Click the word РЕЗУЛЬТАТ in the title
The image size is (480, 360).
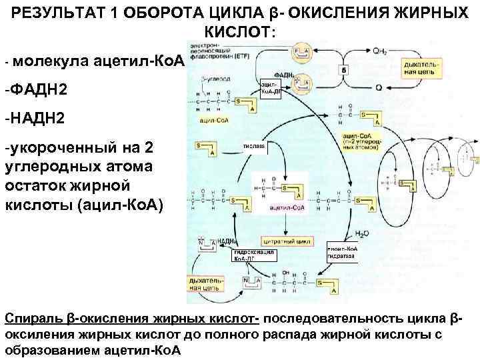[x=50, y=12]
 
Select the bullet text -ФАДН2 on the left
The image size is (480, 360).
[x=32, y=89]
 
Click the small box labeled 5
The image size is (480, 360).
[x=344, y=70]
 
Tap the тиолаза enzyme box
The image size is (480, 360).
[x=253, y=147]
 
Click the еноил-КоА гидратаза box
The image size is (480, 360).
[x=343, y=252]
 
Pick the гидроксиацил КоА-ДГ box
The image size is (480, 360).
[x=254, y=255]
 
